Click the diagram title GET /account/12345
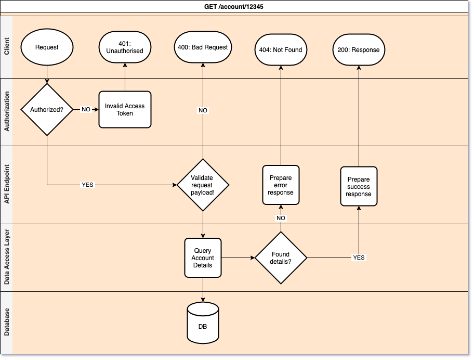tap(236, 7)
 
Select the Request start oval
tap(47, 47)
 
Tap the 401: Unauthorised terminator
tap(125, 47)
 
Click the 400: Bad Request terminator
tap(203, 47)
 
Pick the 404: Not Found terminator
tap(281, 50)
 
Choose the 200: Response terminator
tap(359, 50)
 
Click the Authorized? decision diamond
tap(47, 110)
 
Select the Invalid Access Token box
tap(125, 109)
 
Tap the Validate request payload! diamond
tap(203, 185)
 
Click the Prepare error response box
tap(281, 185)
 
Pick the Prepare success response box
tap(359, 187)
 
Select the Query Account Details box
tap(203, 258)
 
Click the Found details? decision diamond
tap(281, 258)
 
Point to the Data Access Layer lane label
tap(6, 258)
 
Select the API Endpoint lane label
tap(6, 185)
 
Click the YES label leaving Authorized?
tap(87, 185)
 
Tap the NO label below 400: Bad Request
tap(203, 110)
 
